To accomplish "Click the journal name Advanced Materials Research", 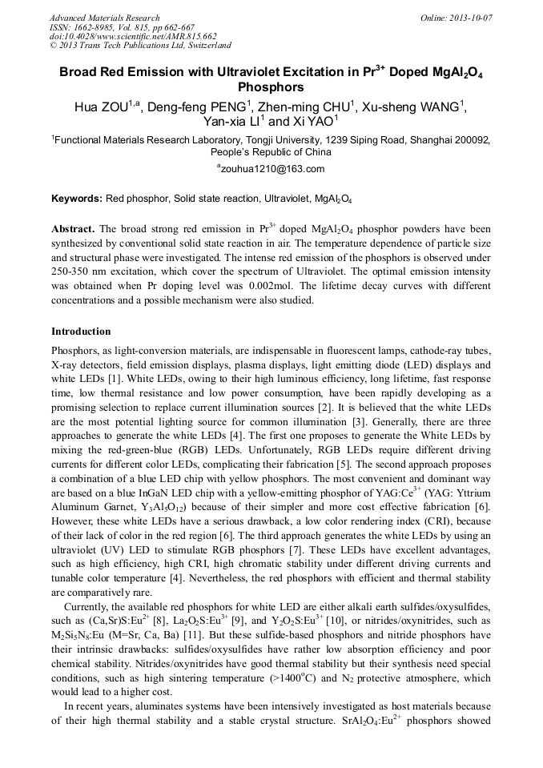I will (x=105, y=18).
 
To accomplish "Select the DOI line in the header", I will (x=133, y=37).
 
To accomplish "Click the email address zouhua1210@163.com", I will (x=272, y=169).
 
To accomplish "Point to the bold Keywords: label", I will (x=77, y=198).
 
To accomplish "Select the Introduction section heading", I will (x=81, y=332).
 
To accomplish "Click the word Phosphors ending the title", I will (x=271, y=86).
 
